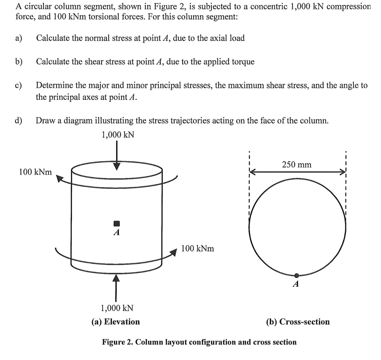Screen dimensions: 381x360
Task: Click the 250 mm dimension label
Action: tap(296, 165)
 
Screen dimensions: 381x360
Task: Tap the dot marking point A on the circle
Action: tap(296, 275)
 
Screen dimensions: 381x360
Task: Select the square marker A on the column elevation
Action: tap(116, 223)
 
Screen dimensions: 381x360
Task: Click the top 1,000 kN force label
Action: tap(117, 135)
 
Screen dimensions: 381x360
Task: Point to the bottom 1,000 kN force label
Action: tap(117, 308)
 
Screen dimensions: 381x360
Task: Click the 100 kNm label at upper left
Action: tap(35, 172)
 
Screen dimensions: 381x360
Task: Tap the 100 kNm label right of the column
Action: tap(198, 248)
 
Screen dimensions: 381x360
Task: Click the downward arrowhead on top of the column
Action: tap(117, 166)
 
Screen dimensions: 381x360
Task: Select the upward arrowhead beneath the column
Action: tap(116, 278)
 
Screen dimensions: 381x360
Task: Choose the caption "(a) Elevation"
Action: tap(116, 322)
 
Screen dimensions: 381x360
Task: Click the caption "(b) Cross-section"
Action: tap(298, 322)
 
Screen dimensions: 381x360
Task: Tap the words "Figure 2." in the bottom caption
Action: tap(117, 342)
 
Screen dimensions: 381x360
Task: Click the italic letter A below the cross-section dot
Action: tap(296, 284)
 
